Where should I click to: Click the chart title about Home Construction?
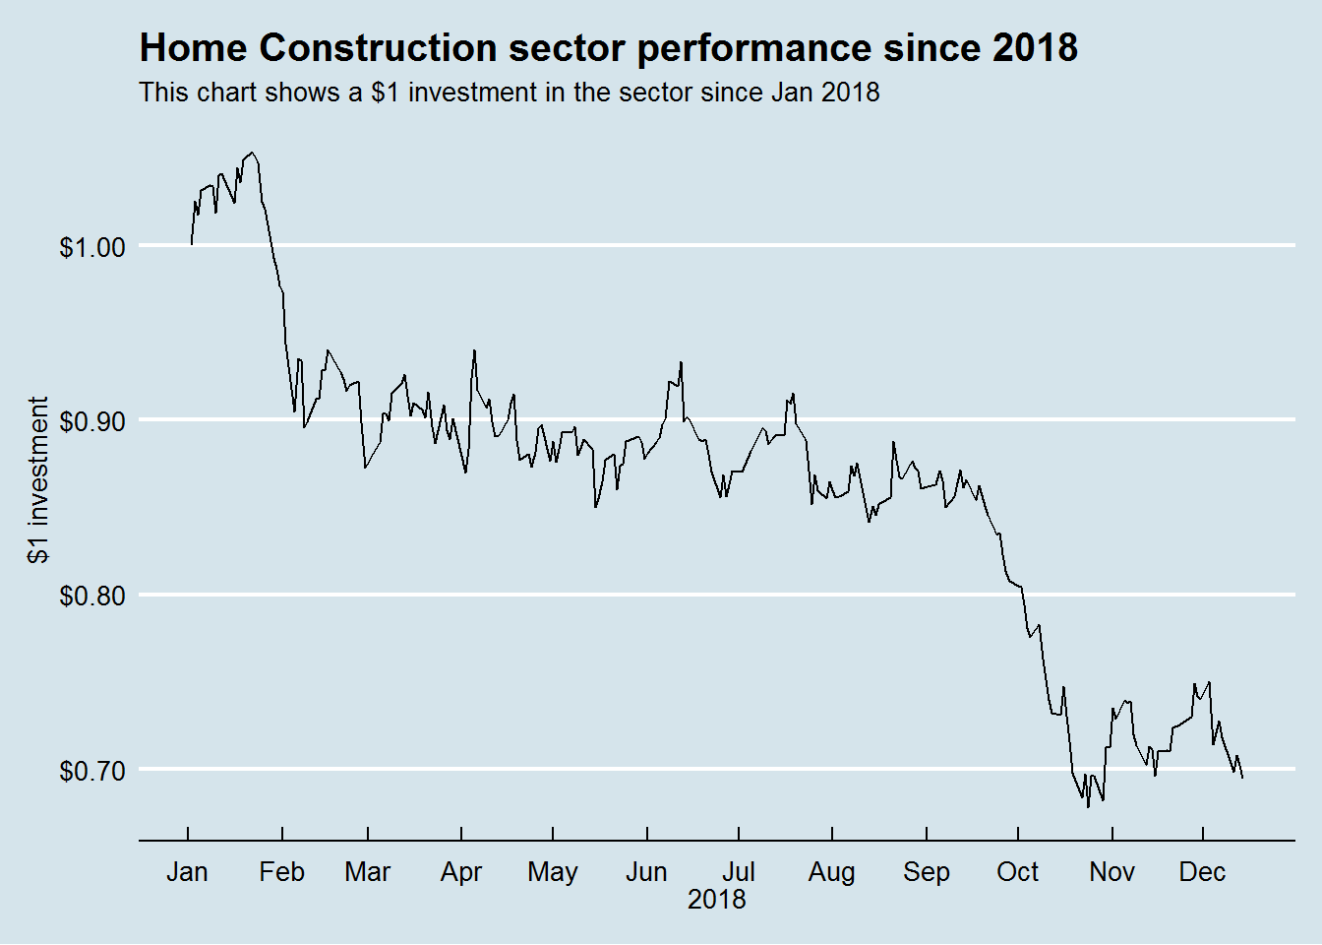point(608,47)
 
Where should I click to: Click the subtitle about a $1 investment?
point(509,93)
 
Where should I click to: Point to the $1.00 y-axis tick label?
point(92,247)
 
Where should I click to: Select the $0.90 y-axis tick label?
point(92,421)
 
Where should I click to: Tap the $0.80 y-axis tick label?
point(92,596)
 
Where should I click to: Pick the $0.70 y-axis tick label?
point(92,771)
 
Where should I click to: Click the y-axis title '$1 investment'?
point(38,479)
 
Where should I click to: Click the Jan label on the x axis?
point(187,872)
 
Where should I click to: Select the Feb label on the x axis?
point(281,872)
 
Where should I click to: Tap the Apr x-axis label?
point(460,872)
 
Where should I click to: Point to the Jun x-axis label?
point(646,872)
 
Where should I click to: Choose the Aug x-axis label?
point(831,872)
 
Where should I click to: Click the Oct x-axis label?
point(1017,872)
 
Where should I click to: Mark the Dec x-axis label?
point(1202,872)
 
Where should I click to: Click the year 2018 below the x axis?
point(716,900)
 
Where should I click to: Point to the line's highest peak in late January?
point(252,153)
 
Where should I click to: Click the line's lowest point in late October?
point(1088,806)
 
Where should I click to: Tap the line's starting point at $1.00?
point(192,244)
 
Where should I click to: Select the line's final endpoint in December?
point(1242,778)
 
